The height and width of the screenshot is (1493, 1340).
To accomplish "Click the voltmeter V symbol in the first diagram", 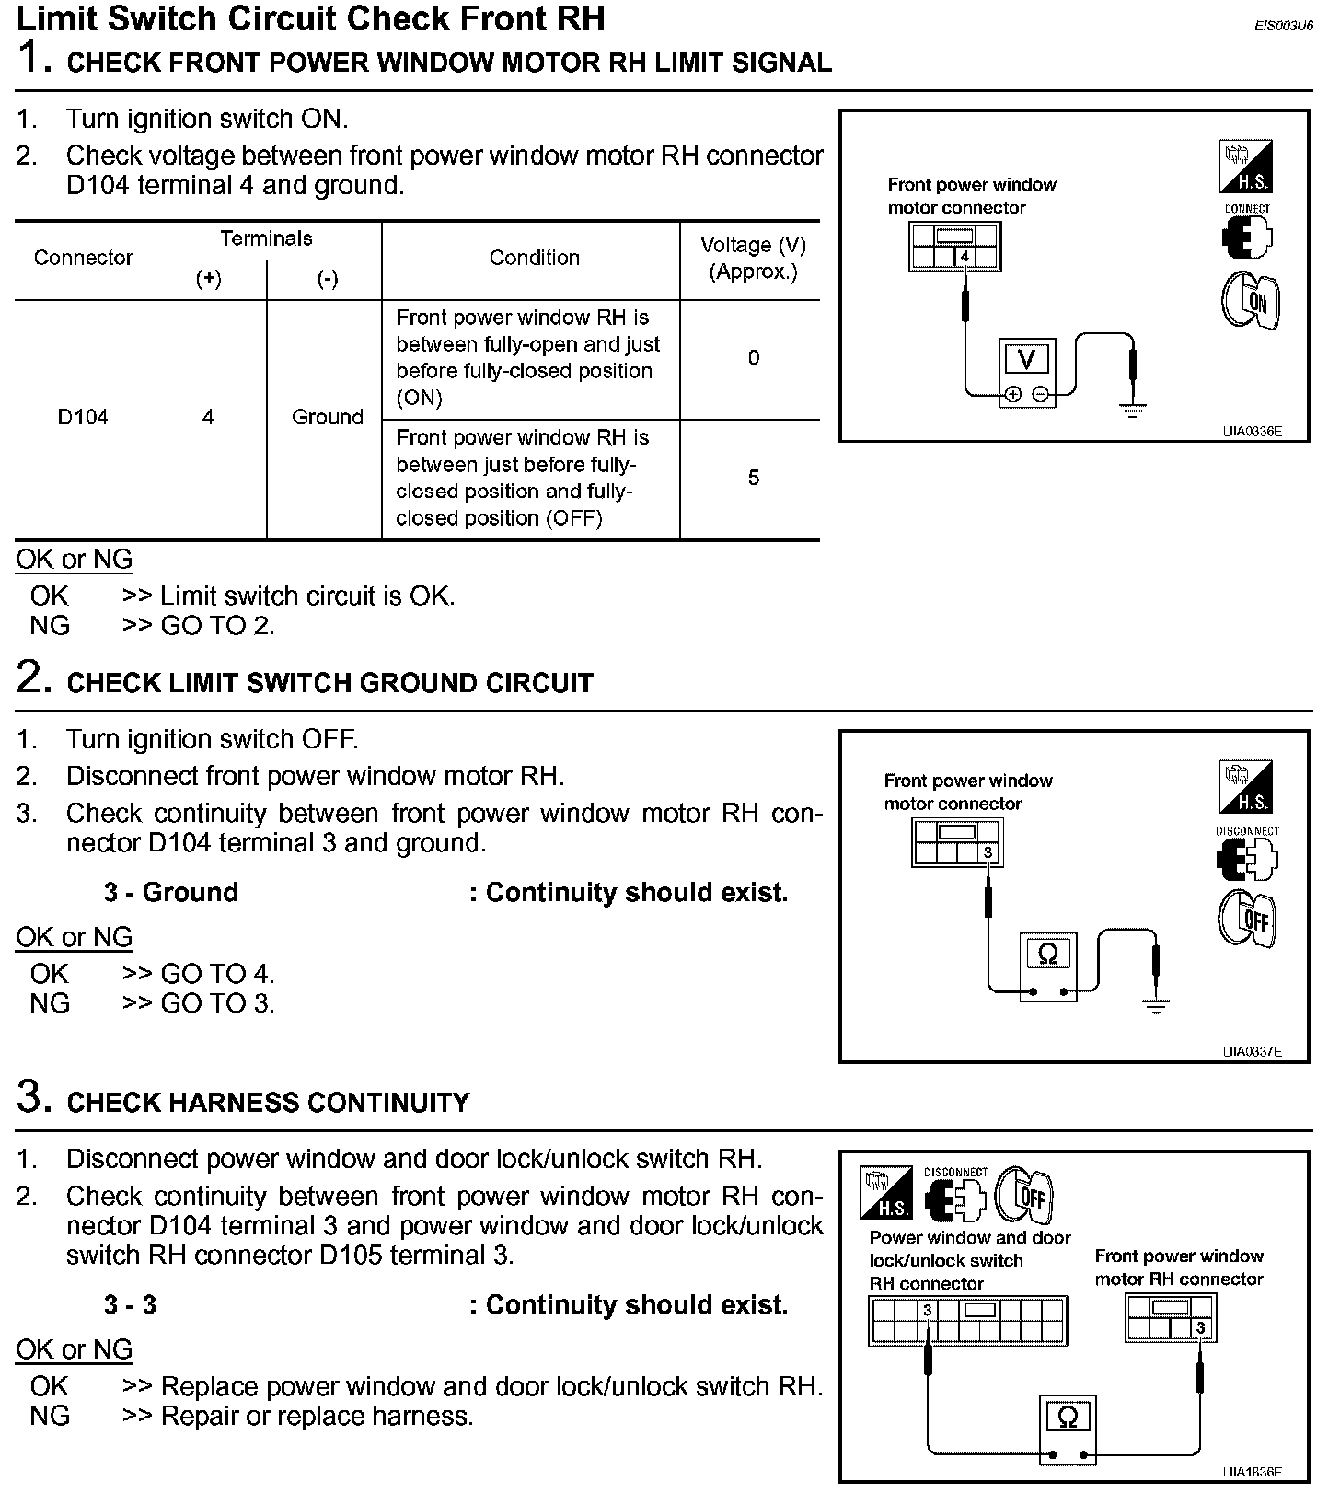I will point(1026,359).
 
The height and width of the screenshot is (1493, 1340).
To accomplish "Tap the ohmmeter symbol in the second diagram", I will point(1047,954).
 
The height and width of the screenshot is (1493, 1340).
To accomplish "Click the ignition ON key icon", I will point(1251,301).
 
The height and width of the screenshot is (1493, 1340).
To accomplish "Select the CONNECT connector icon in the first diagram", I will point(1247,237).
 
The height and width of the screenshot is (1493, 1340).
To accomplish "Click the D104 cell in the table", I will point(83,417).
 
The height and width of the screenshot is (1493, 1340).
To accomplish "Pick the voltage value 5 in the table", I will point(754,478).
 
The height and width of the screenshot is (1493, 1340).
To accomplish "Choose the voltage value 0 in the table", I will point(754,358).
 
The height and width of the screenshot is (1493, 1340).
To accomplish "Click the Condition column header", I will point(534,258).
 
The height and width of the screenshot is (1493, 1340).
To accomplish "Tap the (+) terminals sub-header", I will point(208,279).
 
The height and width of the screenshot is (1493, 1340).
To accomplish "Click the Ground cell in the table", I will point(328,417).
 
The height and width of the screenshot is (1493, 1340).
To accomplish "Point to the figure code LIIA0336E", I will point(1252,431).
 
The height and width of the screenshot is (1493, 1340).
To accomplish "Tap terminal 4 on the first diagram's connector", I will point(965,256).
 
